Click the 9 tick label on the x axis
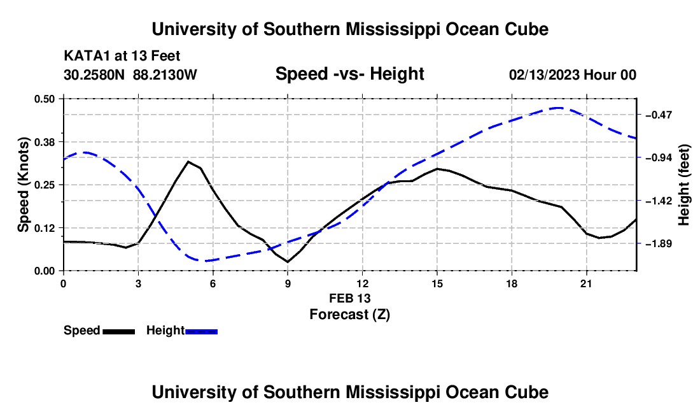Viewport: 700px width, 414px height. (288, 283)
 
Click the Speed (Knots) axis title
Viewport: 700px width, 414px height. (23, 185)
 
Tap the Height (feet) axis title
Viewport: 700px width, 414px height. (684, 185)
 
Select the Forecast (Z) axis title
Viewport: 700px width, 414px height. (349, 315)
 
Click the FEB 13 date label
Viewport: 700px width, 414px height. (349, 298)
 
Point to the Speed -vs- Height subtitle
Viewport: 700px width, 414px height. (349, 74)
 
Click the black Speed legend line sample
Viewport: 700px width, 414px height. (119, 331)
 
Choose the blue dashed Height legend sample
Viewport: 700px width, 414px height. (201, 331)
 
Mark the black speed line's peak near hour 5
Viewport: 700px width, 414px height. (188, 161)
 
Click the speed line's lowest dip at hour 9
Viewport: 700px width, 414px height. (288, 262)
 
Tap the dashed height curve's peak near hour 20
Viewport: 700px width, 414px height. (559, 108)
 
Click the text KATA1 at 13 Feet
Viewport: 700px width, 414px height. (122, 56)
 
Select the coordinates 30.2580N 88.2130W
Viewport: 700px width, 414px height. (130, 75)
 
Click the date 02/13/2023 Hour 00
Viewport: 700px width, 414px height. (572, 75)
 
